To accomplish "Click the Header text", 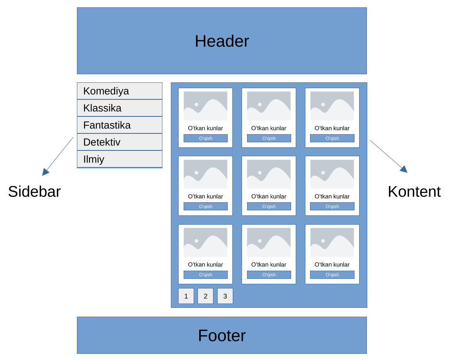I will click(x=222, y=41).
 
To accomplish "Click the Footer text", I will click(x=222, y=335).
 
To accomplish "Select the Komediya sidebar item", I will click(x=119, y=91).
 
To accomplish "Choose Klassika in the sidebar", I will click(x=119, y=108).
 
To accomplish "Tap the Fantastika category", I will click(x=119, y=125).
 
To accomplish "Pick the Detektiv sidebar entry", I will click(x=119, y=142).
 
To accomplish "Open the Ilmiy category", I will click(x=119, y=159).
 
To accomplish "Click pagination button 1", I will click(x=186, y=296).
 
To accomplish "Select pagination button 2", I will click(x=205, y=296).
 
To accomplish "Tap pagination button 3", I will click(x=225, y=296).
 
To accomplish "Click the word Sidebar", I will click(x=34, y=191).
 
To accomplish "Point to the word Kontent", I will click(x=414, y=191).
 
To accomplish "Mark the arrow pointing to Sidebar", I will click(x=58, y=156).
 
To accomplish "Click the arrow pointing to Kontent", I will click(x=388, y=156).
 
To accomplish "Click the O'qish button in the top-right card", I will click(x=332, y=138).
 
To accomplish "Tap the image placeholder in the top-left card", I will click(x=205, y=106).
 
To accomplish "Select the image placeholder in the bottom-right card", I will click(x=332, y=242).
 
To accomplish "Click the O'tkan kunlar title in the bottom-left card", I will click(x=205, y=264).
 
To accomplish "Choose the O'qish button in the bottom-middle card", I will click(x=269, y=275).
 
